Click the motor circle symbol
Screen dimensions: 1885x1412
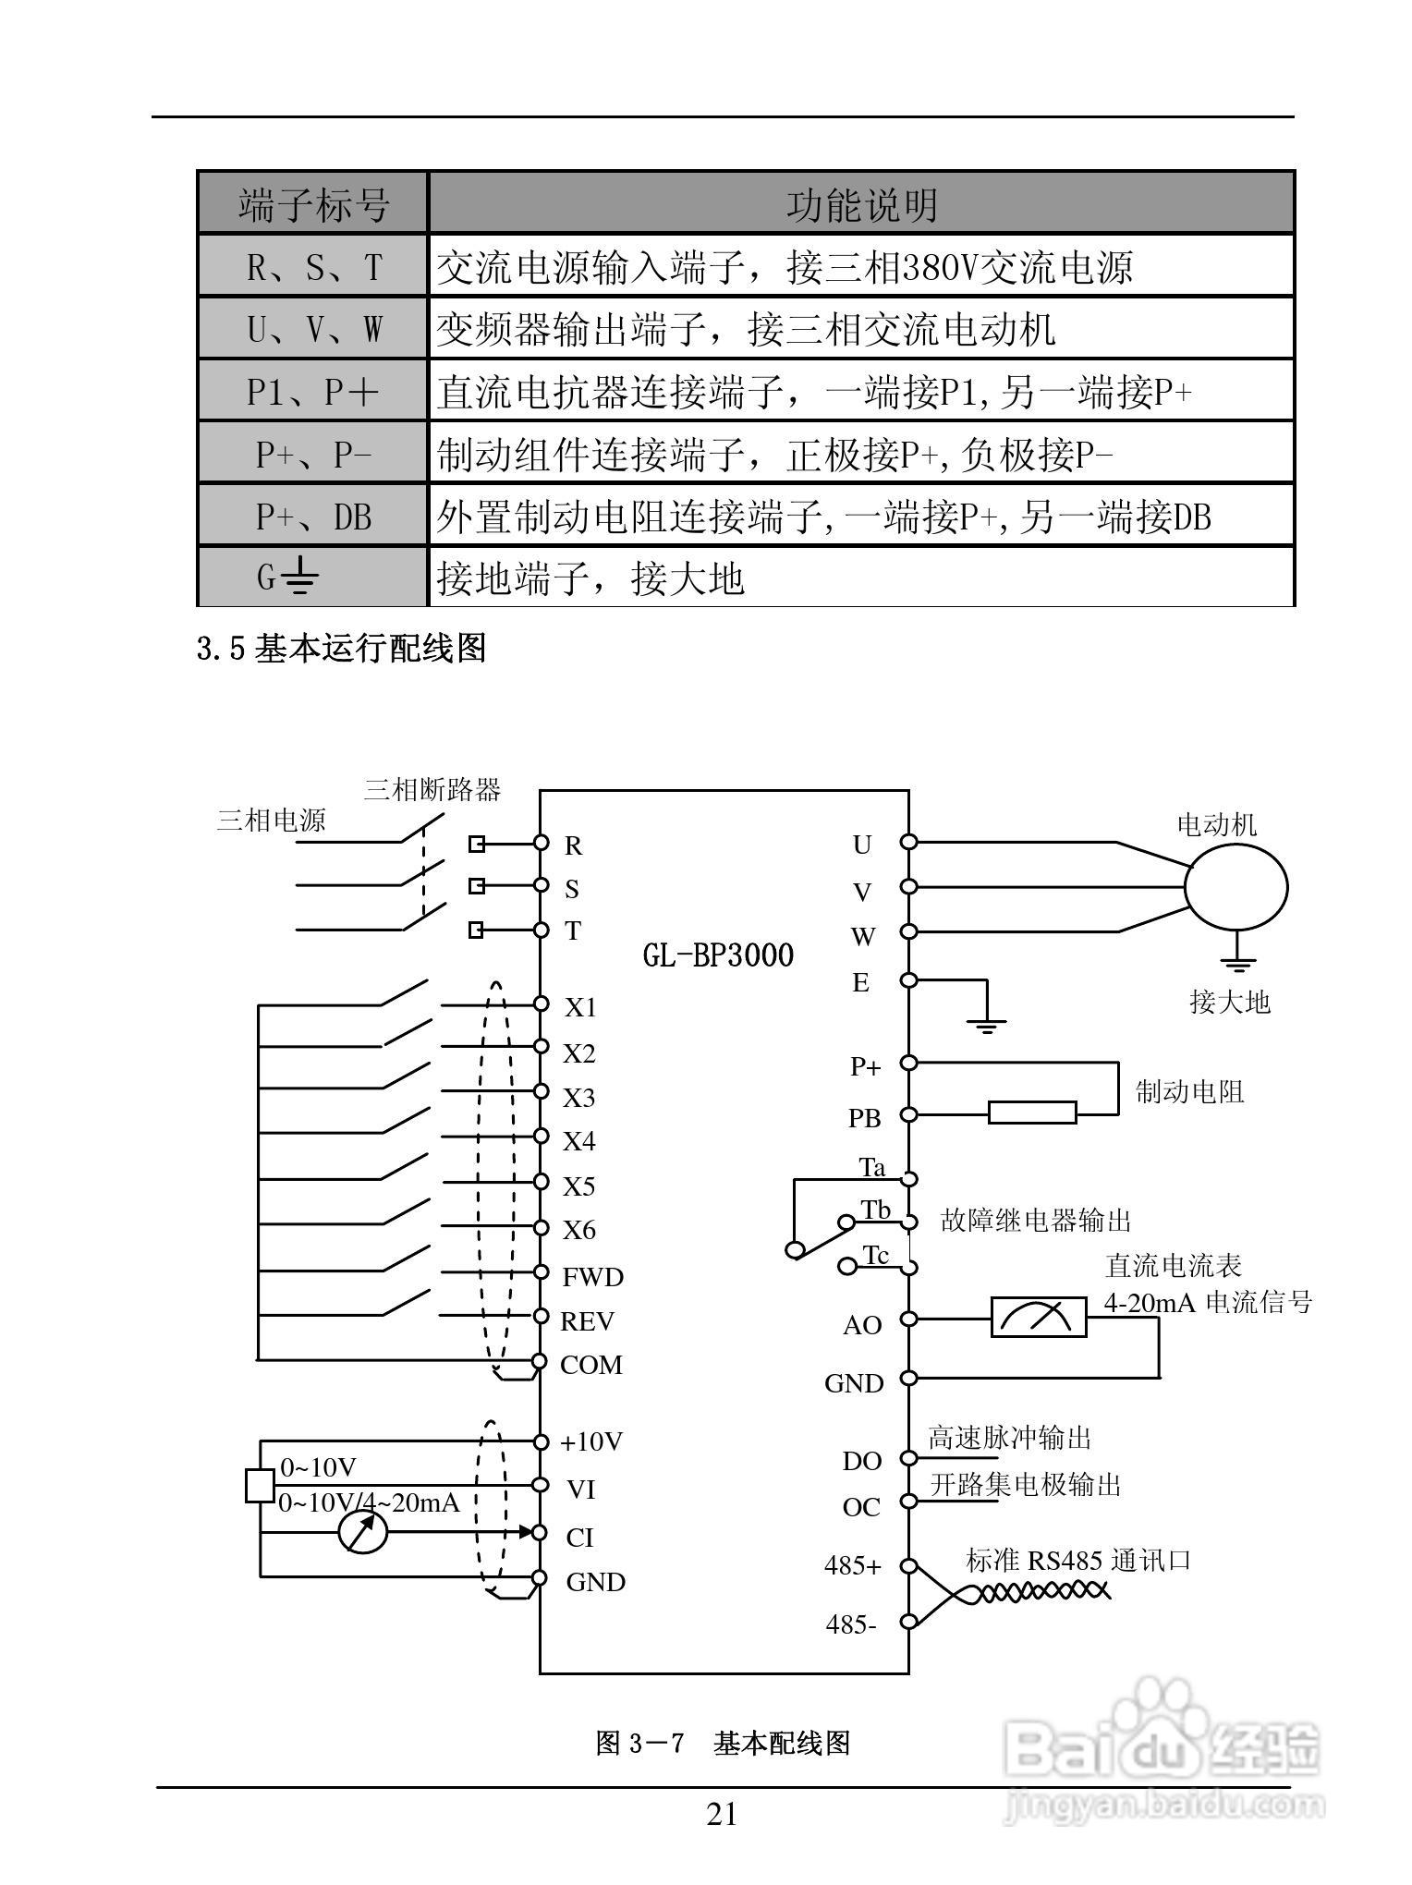coord(1236,887)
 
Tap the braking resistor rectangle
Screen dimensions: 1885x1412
coord(1032,1113)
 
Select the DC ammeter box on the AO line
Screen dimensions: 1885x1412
coord(1039,1318)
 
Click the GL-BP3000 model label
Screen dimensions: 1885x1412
coord(718,955)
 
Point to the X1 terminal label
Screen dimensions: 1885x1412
coord(581,1007)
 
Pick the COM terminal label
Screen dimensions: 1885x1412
coord(591,1365)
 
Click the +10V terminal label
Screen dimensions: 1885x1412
coord(592,1441)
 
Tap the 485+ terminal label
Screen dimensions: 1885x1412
coord(853,1565)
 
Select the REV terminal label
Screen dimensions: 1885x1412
coord(588,1321)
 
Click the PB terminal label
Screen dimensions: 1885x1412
coord(865,1118)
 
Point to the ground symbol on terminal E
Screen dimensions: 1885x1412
coord(987,1023)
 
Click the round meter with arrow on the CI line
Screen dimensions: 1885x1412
coord(362,1533)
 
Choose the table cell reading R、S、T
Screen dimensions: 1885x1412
coord(313,267)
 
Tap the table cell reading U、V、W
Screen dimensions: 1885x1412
coord(313,329)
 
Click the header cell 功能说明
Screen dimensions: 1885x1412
coord(861,204)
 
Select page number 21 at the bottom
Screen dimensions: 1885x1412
coord(722,1815)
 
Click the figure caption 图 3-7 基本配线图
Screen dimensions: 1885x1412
coord(723,1744)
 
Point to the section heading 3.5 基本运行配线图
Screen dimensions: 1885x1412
coord(342,649)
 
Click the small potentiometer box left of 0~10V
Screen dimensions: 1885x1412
coord(260,1485)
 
